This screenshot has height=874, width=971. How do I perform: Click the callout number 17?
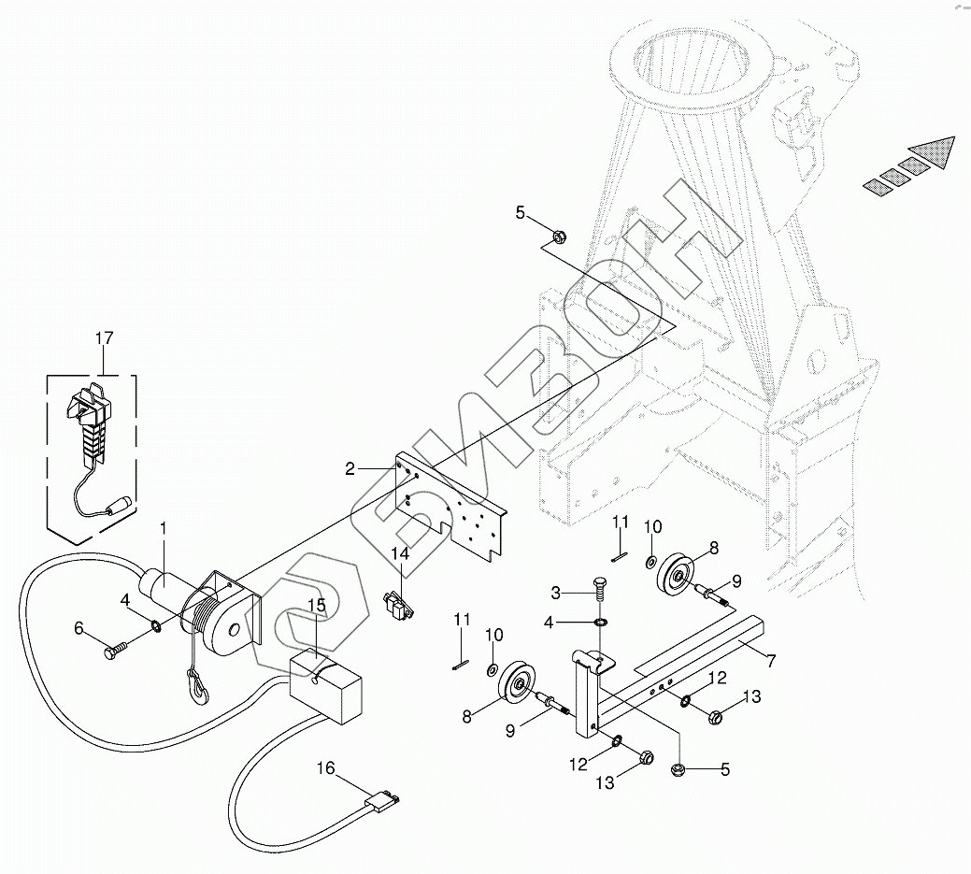[105, 338]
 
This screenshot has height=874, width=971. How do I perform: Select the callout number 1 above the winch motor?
[164, 528]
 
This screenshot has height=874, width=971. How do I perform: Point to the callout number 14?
[401, 553]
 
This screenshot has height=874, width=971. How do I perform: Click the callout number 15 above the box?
[317, 605]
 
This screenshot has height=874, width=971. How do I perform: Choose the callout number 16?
[326, 768]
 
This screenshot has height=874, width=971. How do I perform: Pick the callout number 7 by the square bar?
[771, 661]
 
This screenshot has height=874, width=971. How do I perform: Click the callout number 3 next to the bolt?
[555, 594]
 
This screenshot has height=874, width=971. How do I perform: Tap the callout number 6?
[79, 628]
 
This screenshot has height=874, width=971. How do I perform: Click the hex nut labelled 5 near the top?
[558, 236]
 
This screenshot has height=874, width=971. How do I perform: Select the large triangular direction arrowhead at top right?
[933, 151]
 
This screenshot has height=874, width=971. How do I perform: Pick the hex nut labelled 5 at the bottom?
[678, 768]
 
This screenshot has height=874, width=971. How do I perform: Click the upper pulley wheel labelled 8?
[677, 576]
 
